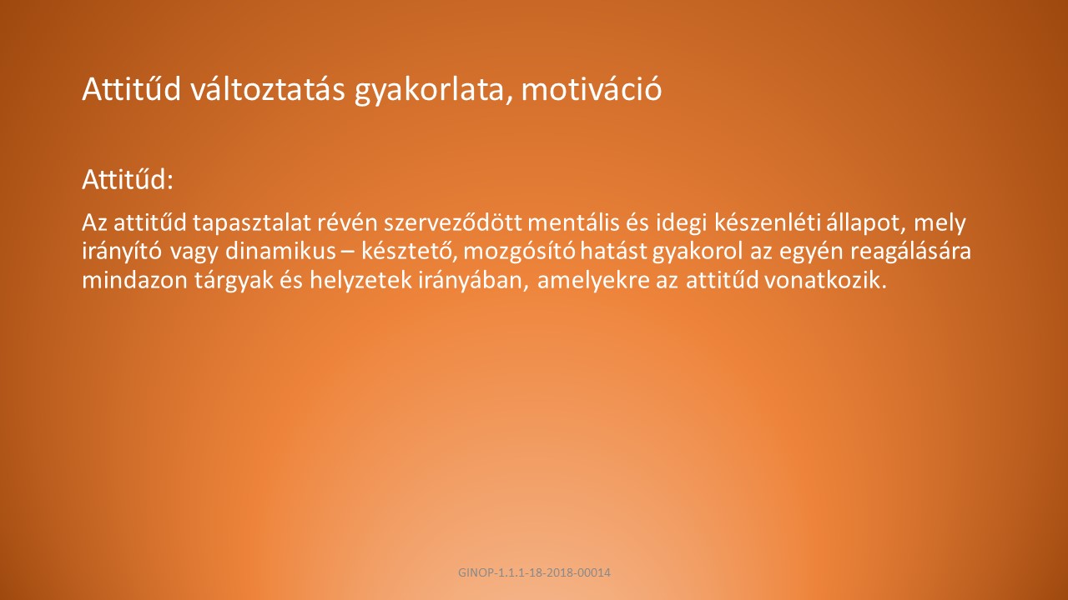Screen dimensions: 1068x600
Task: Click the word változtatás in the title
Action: [268, 88]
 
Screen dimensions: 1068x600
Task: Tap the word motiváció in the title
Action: [592, 88]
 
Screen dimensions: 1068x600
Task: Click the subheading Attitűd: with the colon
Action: [128, 179]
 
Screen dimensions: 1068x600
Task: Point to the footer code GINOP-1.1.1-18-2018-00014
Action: [534, 572]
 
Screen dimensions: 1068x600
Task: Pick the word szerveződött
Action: [453, 222]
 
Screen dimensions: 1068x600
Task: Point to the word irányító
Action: [122, 252]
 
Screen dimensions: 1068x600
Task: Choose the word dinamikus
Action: [280, 252]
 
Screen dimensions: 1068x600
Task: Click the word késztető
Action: [409, 252]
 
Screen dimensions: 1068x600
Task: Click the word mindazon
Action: [134, 280]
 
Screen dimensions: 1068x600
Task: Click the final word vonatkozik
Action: [825, 280]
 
